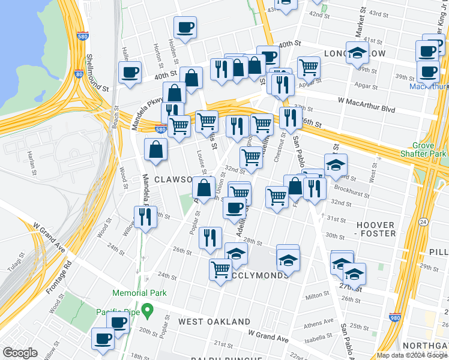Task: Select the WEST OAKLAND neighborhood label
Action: (214, 322)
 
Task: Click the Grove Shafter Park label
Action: (430, 150)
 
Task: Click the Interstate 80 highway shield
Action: (79, 74)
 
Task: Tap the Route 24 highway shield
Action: (422, 223)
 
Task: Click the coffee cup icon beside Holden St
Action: (185, 28)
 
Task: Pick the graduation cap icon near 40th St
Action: (358, 53)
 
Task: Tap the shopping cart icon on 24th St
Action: (220, 269)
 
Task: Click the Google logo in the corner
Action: (20, 353)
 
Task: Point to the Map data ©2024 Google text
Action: (411, 355)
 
